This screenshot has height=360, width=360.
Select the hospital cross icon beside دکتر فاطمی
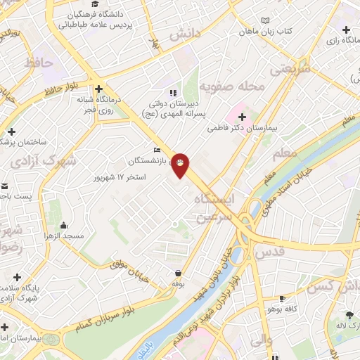coord(243,115)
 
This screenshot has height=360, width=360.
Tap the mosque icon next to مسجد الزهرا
coord(65,225)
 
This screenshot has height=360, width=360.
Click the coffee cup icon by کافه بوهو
coord(283,298)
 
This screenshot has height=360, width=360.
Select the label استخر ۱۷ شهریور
coord(120,176)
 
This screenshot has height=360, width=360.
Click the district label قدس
coord(268,251)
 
